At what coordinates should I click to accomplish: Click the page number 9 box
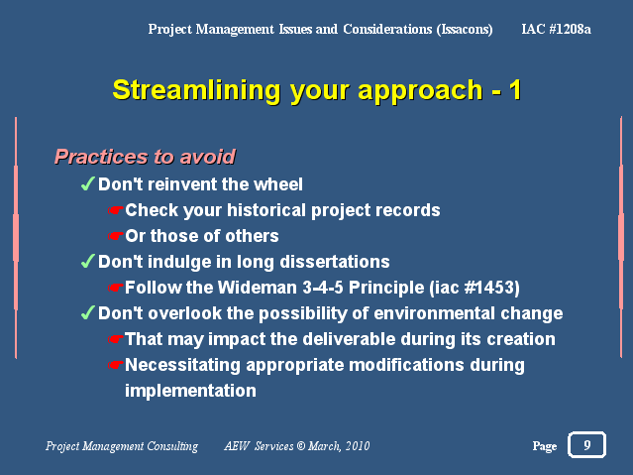586,444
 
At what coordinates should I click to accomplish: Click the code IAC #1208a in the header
557,29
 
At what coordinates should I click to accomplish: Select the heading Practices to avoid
145,157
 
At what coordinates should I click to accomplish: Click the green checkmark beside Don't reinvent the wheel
87,183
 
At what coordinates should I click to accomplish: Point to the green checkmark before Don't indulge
87,261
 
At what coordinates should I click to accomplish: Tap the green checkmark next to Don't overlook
87,313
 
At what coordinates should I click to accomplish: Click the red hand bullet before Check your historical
115,210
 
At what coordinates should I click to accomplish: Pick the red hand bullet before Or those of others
115,236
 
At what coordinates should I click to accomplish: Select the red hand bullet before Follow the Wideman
115,288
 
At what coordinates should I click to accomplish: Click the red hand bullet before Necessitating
115,365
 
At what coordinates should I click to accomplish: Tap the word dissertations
335,262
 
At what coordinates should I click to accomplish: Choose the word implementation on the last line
190,391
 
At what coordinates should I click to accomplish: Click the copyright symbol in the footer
301,446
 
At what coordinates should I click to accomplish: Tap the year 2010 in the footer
358,446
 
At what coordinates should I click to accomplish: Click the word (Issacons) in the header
465,30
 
